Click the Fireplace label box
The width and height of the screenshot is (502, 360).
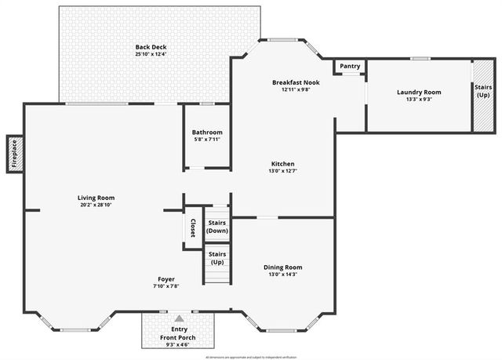(13, 154)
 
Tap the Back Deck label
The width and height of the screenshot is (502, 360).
(151, 47)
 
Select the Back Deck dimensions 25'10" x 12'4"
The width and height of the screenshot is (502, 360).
(151, 54)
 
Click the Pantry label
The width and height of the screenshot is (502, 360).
(350, 67)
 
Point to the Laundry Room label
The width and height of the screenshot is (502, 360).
(419, 93)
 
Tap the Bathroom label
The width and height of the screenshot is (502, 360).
(208, 133)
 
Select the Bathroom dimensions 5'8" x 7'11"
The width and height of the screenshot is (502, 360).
(208, 140)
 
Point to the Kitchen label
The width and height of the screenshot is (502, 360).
(282, 163)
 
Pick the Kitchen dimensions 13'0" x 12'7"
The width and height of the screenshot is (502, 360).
(282, 171)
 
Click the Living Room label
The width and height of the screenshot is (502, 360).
(96, 197)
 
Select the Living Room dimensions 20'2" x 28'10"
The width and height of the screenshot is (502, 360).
(96, 205)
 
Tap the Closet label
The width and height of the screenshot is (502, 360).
(192, 228)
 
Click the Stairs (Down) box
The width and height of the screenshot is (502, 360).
(216, 227)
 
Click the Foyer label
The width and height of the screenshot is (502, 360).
(166, 278)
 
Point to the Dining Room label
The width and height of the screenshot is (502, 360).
(282, 267)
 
